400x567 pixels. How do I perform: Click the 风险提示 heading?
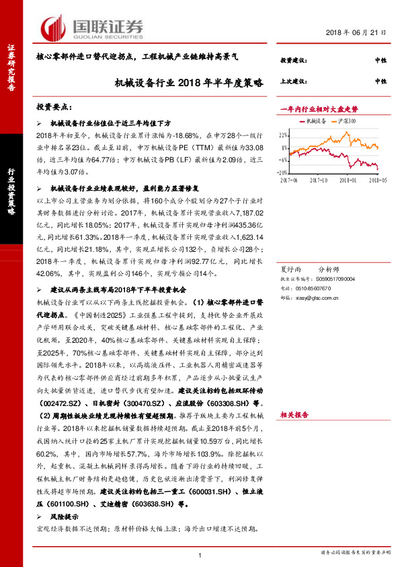click(67, 516)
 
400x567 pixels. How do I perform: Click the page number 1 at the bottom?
click(200, 554)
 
